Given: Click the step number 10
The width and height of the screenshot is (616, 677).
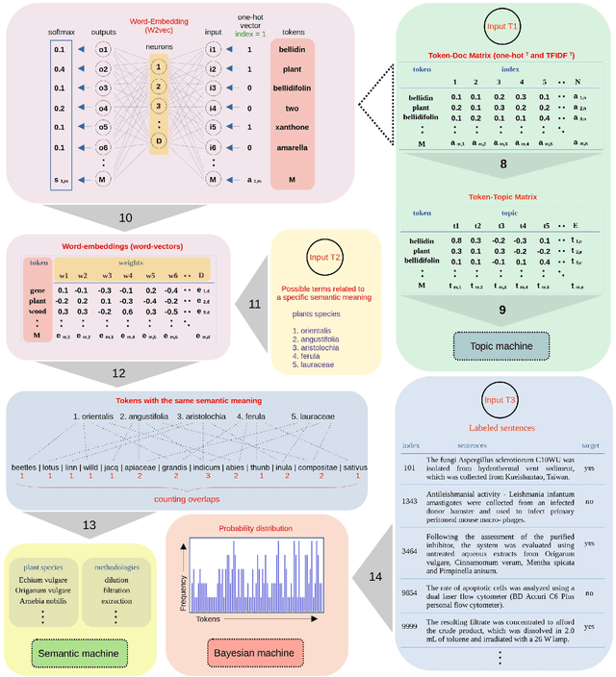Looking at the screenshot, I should pyautogui.click(x=125, y=219).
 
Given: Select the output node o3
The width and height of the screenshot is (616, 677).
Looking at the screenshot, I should pyautogui.click(x=104, y=98).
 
